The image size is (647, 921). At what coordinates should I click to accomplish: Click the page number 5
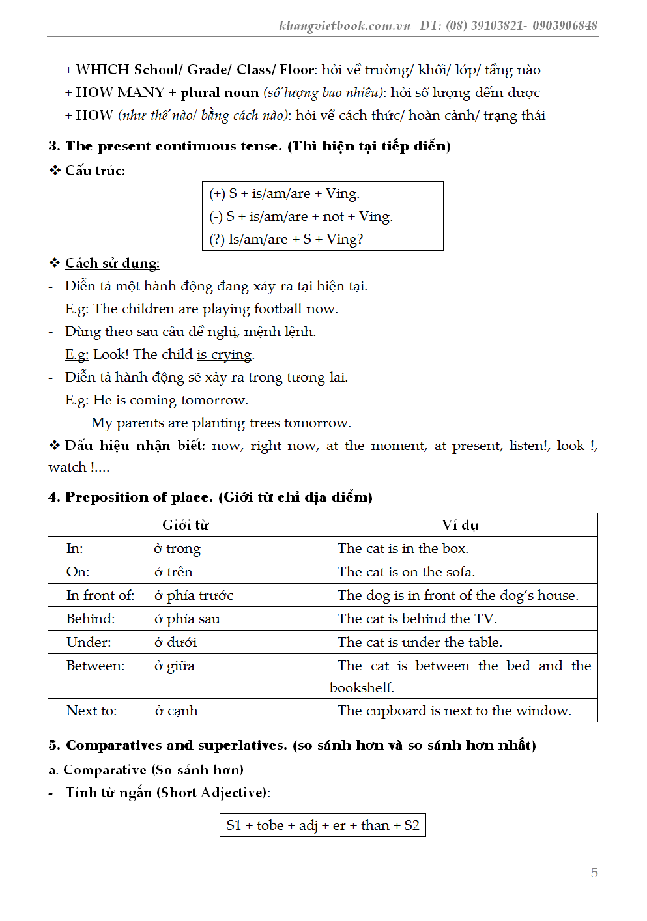pos(594,872)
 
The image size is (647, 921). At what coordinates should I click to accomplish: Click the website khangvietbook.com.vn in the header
pos(344,26)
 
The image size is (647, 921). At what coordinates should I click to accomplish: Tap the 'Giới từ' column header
pos(185,525)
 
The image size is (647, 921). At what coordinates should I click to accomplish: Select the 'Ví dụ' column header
pos(459,525)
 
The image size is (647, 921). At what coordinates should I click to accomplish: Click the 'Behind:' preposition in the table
pos(90,619)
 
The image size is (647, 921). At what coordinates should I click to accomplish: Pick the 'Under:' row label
pos(89,642)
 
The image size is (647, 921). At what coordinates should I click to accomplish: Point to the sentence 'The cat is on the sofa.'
pos(406,572)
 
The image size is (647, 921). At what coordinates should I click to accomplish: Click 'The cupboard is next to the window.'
pos(454,711)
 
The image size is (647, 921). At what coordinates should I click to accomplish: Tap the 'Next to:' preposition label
pos(91,711)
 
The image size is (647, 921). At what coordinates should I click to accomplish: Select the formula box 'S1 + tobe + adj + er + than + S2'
pos(323,825)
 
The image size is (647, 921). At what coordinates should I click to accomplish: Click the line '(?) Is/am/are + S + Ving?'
pos(286,239)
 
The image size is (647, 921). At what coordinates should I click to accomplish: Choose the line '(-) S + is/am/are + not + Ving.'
pos(300,216)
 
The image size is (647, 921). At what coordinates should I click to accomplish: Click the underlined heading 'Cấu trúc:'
pos(95,171)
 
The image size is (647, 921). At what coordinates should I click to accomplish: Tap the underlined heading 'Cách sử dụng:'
pos(112,263)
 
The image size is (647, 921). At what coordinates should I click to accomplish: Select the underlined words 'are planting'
pos(206,423)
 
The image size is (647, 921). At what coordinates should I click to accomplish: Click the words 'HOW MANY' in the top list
pos(120,92)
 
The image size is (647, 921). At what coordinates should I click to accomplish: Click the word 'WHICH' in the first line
pos(102,70)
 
